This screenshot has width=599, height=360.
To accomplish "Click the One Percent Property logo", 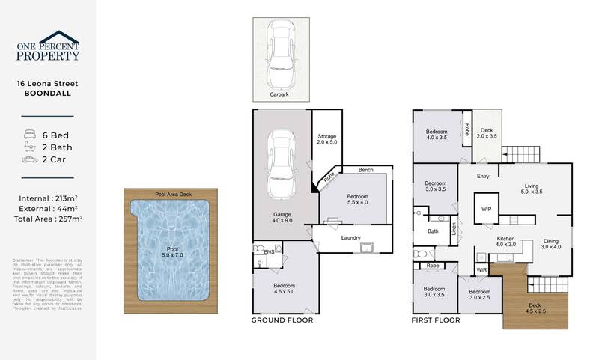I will tap(48, 46).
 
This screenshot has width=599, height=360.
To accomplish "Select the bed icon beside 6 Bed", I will tap(30, 135).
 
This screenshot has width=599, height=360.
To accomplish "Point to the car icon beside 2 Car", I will tap(30, 159).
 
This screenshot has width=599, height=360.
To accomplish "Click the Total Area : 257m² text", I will tap(49, 219).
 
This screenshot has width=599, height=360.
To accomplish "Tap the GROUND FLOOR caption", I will tap(282, 320).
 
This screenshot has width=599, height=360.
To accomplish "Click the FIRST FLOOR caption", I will tap(436, 320).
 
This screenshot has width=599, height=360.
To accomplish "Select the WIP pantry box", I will tap(486, 209).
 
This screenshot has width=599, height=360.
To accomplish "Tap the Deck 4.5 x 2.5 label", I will tap(535, 308).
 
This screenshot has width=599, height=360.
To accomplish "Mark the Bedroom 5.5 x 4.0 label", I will tap(357, 200).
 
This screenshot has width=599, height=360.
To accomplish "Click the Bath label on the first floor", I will tap(433, 231).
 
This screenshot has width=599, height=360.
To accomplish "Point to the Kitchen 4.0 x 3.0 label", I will tap(506, 242).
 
